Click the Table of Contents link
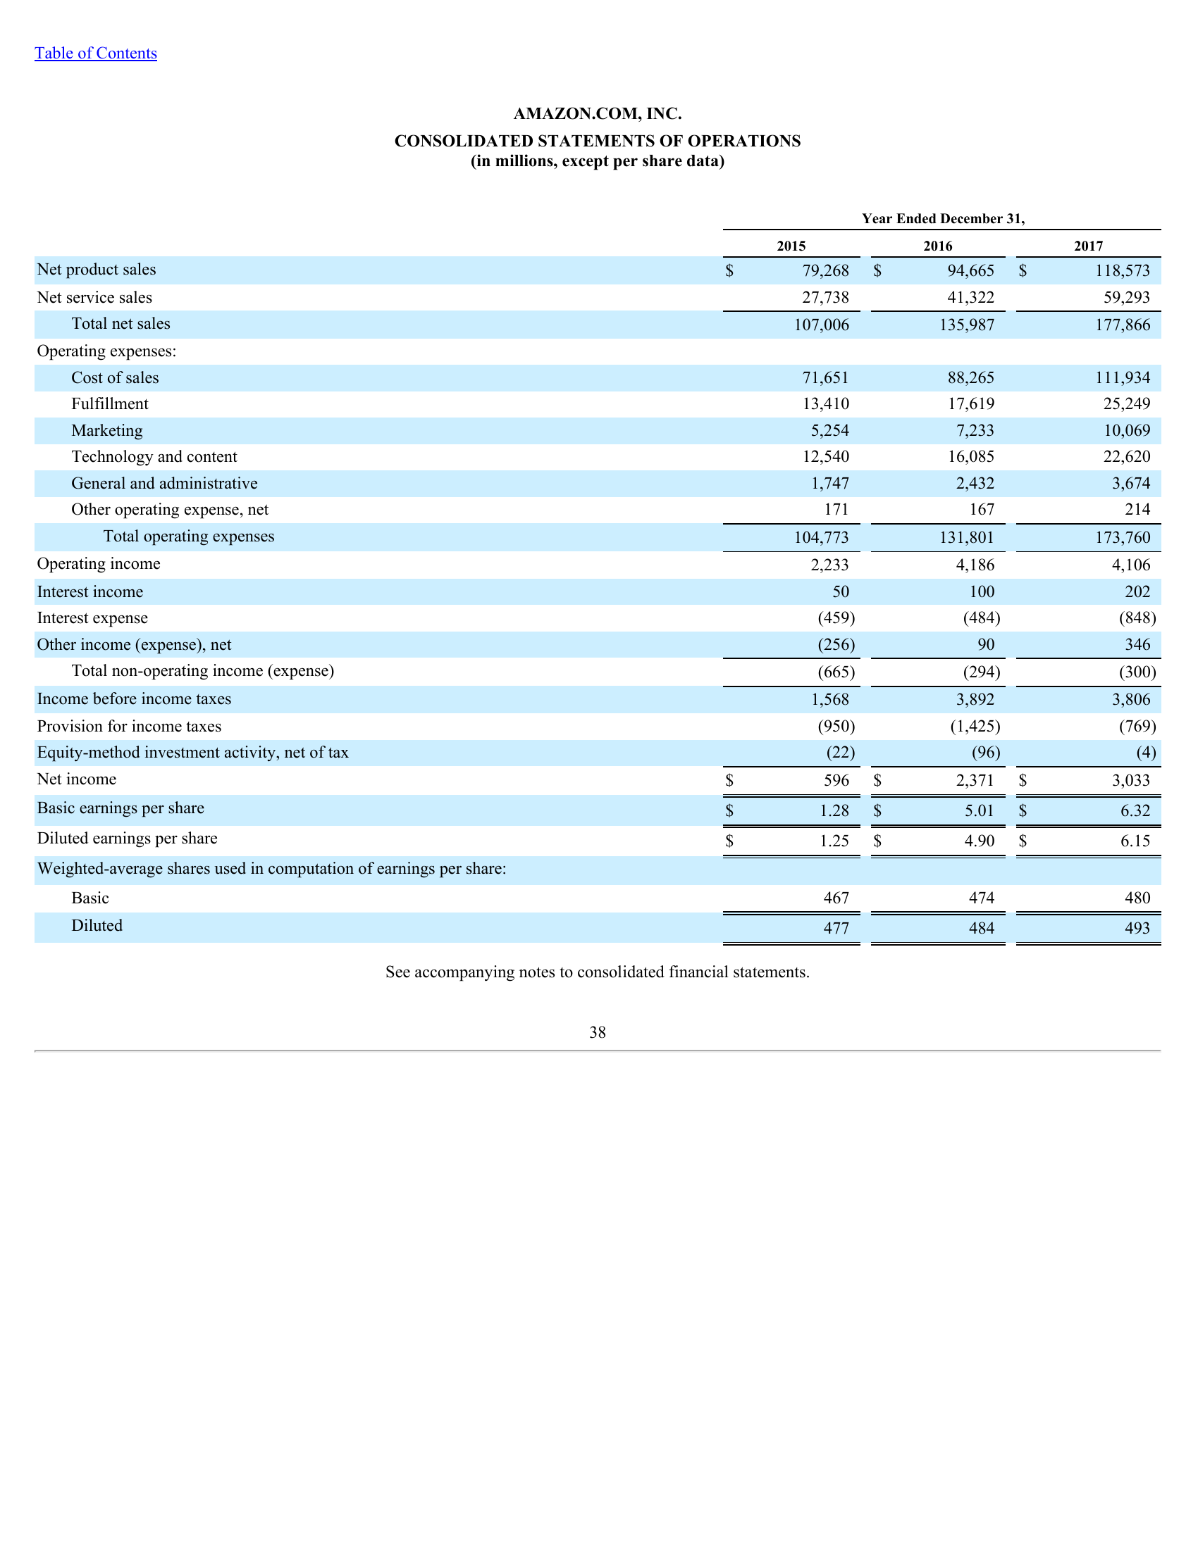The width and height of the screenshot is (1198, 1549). click(96, 54)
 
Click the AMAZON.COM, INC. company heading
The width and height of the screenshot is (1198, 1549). click(598, 113)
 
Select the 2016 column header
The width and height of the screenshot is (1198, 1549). click(937, 246)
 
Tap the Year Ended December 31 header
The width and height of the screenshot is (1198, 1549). click(942, 218)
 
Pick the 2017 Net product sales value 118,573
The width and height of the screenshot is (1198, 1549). click(1122, 270)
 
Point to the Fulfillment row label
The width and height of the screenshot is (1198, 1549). click(110, 404)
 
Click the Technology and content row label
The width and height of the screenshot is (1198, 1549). click(154, 457)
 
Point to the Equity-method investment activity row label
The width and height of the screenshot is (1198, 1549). click(192, 753)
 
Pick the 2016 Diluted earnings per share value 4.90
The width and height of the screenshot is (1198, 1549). click(980, 841)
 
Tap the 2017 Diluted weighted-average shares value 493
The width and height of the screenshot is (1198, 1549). click(1137, 928)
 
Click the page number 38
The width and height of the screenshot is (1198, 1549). click(598, 1033)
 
